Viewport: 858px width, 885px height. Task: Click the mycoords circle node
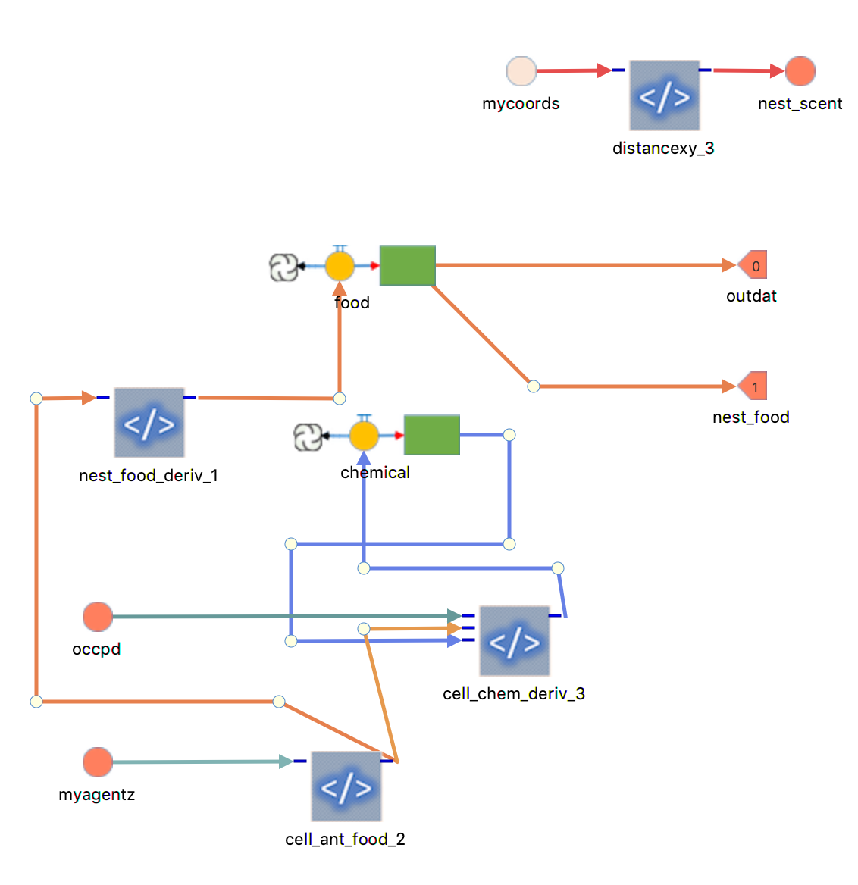521,71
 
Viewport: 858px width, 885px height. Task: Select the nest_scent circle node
800,71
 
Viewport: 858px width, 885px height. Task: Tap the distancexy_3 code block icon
665,96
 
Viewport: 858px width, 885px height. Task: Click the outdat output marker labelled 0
753,265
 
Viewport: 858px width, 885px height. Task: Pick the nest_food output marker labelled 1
753,386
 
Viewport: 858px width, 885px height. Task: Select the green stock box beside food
408,265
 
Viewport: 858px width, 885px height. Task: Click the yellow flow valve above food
340,266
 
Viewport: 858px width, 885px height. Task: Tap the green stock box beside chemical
432,435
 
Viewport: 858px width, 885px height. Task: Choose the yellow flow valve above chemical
364,436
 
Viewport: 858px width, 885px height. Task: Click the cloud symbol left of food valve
283,267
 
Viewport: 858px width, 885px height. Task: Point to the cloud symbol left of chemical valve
307,436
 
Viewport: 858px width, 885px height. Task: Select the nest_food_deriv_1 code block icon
149,423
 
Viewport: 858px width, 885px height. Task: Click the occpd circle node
98,617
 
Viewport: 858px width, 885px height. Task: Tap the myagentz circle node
98,762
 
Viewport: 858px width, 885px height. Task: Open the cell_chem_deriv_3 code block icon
515,641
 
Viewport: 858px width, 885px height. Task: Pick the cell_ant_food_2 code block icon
346,786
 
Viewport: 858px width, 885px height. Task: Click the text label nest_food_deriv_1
149,476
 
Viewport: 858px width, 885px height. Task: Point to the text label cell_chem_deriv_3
514,694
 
